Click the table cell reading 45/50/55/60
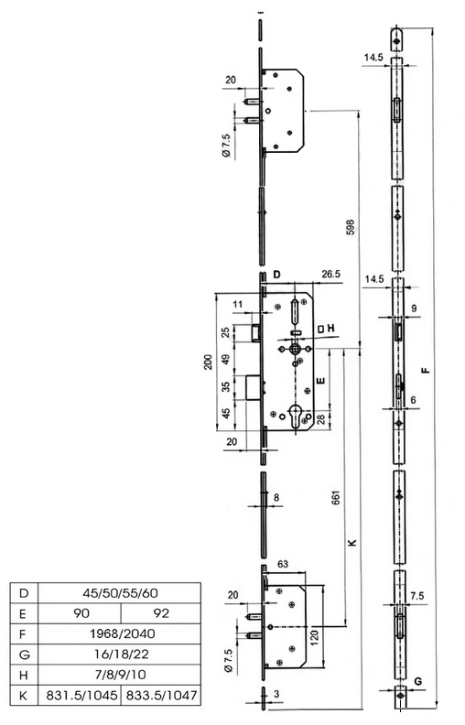[119, 593]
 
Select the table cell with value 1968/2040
[119, 633]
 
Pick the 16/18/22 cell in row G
[119, 655]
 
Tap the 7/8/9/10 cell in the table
[119, 675]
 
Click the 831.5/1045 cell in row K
[80, 695]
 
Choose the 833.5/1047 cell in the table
[161, 695]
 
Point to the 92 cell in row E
[161, 613]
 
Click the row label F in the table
[24, 633]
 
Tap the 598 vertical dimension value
[351, 228]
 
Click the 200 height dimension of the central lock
[209, 362]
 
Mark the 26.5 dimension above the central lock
[331, 275]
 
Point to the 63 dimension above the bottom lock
[282, 564]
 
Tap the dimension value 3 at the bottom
[276, 694]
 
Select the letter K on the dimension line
[352, 542]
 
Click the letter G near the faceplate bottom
[417, 681]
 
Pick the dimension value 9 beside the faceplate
[414, 308]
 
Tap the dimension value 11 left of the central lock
[238, 304]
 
